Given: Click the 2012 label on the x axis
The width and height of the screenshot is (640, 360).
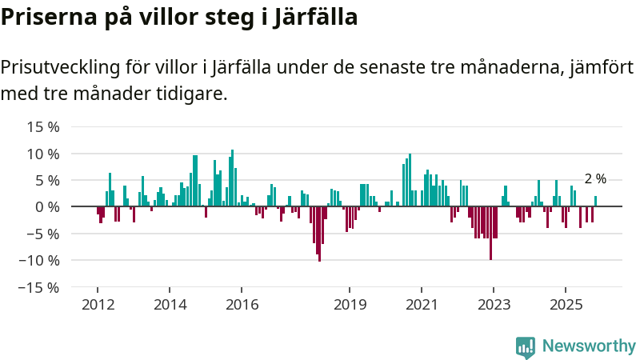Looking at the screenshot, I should click(x=97, y=305).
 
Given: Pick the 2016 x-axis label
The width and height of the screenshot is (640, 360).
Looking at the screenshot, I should click(x=242, y=305).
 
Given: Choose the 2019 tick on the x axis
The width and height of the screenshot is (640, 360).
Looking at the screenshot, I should click(x=349, y=305).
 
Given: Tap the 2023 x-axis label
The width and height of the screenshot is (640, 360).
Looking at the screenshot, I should click(x=494, y=305).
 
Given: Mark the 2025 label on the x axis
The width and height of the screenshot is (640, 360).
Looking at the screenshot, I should click(x=566, y=305).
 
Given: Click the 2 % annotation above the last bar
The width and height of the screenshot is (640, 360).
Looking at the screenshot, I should click(x=595, y=179).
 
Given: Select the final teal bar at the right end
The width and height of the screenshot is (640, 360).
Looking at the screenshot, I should click(x=595, y=202).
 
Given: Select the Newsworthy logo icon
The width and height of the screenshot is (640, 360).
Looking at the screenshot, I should click(x=526, y=346).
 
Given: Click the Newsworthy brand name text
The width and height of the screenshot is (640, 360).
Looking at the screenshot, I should click(x=589, y=346).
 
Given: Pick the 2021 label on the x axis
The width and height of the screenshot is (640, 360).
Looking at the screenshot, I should click(x=422, y=305).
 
